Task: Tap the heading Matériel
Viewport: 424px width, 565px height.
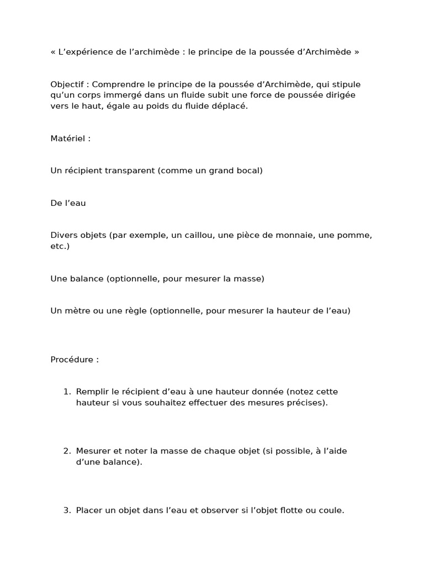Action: [x=68, y=138]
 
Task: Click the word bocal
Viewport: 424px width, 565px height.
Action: [x=248, y=170]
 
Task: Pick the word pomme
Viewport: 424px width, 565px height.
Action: [x=357, y=236]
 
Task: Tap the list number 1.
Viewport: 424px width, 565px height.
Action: [x=66, y=392]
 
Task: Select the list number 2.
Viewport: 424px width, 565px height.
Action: [x=66, y=451]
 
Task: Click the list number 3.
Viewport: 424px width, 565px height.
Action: [x=66, y=510]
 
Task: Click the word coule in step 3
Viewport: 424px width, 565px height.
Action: [x=331, y=510]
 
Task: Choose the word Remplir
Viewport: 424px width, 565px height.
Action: [x=93, y=392]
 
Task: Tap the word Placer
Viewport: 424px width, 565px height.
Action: [x=89, y=510]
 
